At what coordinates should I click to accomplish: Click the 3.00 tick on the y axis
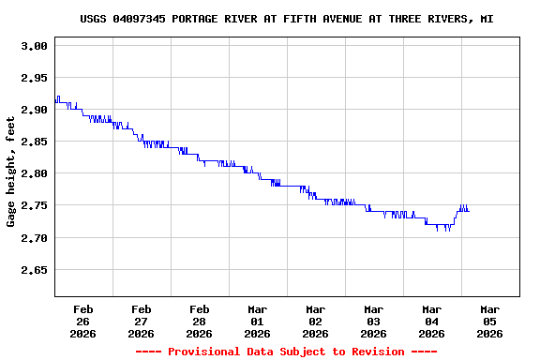(34, 46)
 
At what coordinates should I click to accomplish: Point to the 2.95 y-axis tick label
(34, 78)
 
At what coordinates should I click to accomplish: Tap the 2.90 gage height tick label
(34, 110)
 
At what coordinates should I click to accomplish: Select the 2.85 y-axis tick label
(34, 142)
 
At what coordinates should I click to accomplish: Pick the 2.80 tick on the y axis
(34, 173)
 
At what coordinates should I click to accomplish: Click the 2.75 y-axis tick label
(34, 205)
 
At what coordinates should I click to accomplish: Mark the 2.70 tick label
(34, 238)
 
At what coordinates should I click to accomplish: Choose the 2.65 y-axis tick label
(34, 270)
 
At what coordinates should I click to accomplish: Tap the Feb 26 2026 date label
(82, 321)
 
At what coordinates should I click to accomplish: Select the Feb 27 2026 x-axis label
(141, 321)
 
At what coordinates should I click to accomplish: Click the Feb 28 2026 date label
(199, 321)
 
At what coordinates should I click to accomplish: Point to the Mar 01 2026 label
(257, 321)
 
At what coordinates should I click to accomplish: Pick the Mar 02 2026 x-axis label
(315, 321)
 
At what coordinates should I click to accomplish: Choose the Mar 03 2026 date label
(373, 321)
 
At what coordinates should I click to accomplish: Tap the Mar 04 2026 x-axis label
(431, 321)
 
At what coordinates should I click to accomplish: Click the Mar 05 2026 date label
(489, 321)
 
